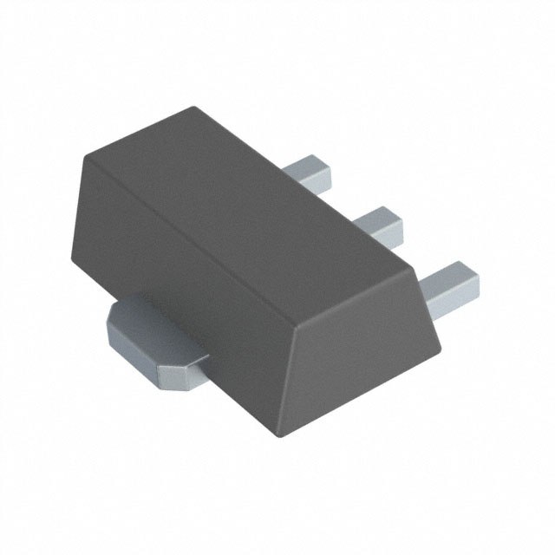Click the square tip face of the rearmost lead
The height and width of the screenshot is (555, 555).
click(325, 178)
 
